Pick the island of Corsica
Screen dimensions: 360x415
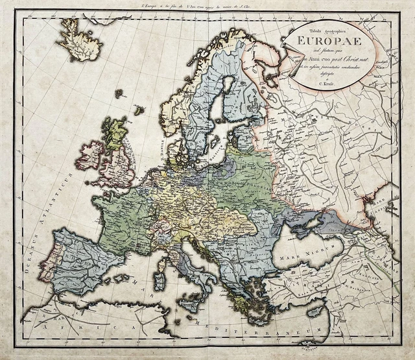point(174,260)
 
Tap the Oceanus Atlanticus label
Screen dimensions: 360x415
point(52,214)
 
